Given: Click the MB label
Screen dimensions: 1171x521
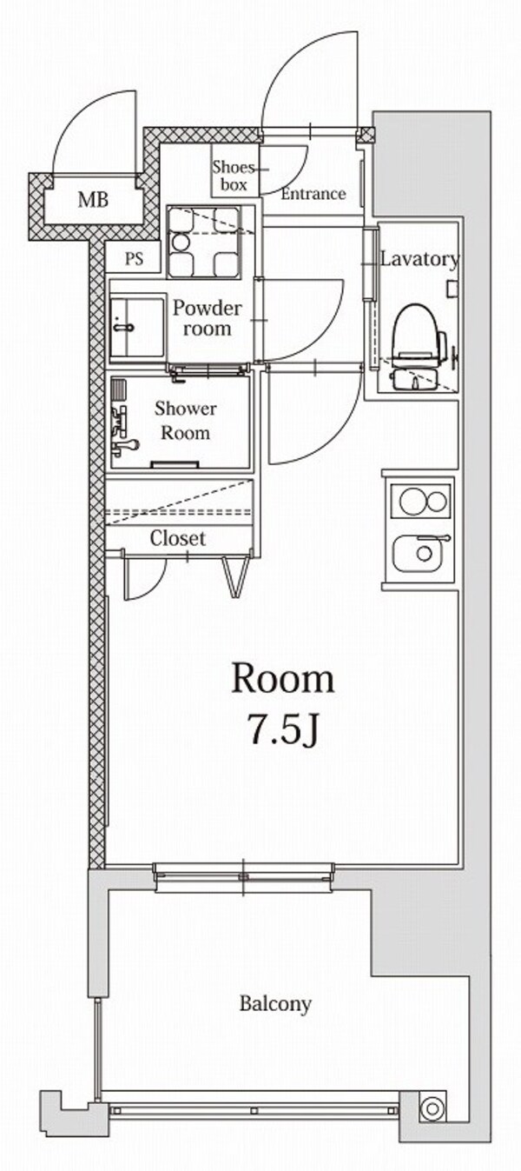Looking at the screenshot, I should [93, 201].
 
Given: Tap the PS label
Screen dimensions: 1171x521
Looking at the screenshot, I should [135, 259].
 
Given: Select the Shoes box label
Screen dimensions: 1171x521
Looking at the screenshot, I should [233, 176].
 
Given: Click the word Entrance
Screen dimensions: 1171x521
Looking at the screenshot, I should [313, 194].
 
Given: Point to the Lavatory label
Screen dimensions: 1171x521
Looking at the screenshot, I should [419, 259].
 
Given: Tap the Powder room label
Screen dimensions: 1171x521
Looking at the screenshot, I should [207, 317].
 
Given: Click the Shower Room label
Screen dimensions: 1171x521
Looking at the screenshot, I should [186, 420].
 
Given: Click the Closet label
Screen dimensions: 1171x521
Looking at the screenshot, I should [178, 538].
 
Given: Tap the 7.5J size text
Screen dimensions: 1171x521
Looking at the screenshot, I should [282, 731].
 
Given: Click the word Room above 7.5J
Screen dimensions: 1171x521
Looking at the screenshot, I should [282, 679].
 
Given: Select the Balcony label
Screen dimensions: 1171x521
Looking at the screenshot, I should [275, 1004].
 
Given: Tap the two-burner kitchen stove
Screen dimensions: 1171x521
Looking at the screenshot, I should [421, 502].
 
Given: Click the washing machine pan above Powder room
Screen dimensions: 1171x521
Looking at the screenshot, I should [203, 242].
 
